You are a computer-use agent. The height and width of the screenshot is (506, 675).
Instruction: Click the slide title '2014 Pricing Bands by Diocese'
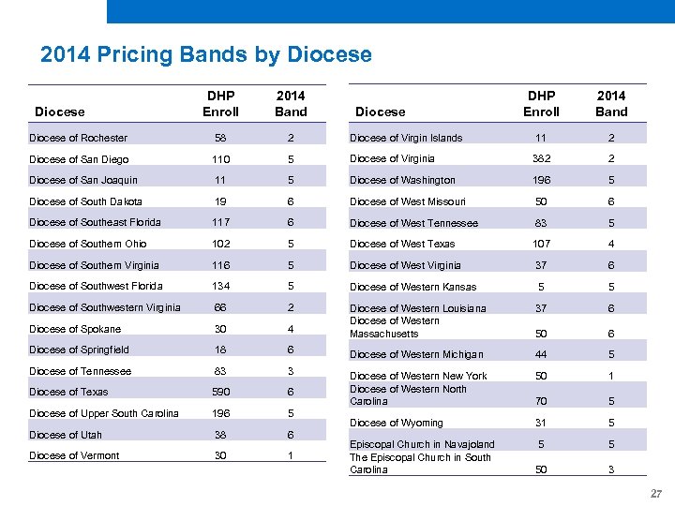point(206,54)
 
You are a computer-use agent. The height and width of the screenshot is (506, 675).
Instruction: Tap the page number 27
point(656,494)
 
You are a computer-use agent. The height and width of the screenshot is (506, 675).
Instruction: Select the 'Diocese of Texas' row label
point(68,392)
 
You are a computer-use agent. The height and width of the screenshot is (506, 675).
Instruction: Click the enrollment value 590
point(220,392)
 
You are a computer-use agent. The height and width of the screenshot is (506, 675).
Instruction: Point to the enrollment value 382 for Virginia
point(541,159)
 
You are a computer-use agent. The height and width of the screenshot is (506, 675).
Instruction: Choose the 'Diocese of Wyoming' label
point(396,423)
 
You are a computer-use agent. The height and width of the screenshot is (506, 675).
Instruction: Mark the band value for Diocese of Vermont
point(291,455)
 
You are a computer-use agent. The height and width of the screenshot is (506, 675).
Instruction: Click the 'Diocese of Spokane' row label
point(74,329)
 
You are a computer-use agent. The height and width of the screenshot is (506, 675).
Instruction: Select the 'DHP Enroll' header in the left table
point(220,103)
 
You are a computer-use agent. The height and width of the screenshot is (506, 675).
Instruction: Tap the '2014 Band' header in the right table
point(611,103)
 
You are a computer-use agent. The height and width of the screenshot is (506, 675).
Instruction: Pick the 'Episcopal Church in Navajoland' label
point(422,444)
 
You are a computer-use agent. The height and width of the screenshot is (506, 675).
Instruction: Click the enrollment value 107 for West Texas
point(541,244)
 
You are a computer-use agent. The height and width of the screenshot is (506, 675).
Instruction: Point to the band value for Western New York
point(611,376)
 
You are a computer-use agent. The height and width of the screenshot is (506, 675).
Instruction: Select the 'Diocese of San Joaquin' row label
point(82,180)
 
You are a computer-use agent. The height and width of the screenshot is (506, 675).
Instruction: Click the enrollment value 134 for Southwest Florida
point(220,286)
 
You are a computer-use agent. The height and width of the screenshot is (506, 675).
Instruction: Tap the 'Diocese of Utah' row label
point(66,435)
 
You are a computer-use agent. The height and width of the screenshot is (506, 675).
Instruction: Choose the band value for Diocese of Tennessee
point(291,371)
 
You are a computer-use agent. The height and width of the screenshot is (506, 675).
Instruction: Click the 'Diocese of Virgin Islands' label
point(406,138)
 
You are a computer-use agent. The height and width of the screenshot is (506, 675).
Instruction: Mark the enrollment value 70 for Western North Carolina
point(541,401)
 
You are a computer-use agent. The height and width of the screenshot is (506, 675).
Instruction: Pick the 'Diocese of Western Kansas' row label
point(412,287)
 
